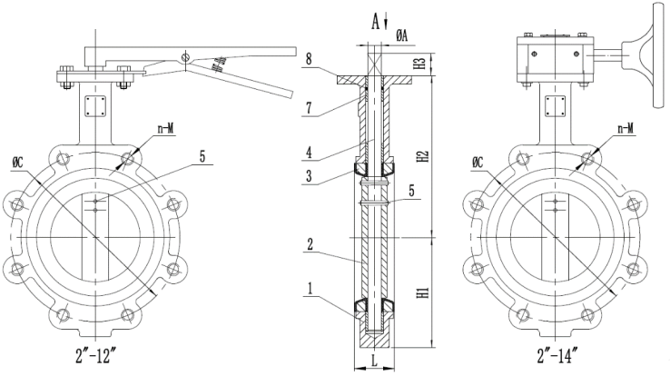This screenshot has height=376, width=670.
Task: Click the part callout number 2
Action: point(310,244)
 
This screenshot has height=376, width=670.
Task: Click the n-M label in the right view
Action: point(625,128)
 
